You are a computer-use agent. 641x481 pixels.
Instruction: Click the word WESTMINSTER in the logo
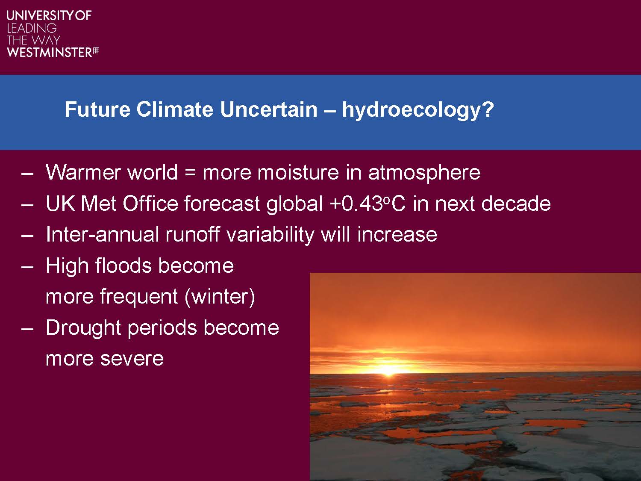tap(50, 53)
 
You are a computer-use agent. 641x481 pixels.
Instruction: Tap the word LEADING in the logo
tap(32, 28)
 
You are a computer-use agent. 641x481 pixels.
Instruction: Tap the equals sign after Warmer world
tap(190, 173)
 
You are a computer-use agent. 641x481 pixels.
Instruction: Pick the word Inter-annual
tap(102, 234)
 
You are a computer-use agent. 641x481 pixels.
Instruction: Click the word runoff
tap(192, 234)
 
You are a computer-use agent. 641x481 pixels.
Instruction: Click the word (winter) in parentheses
tap(220, 297)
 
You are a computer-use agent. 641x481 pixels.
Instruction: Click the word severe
tap(132, 359)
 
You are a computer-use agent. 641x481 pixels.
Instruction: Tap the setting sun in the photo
tap(388, 370)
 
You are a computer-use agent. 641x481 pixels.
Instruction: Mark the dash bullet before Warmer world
tap(27, 174)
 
